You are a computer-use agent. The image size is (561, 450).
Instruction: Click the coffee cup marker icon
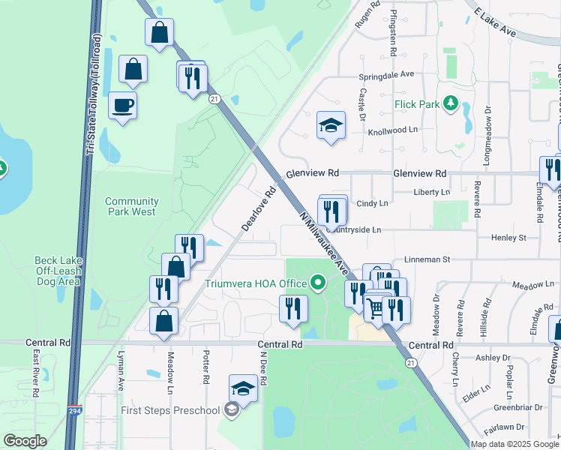(x=122, y=105)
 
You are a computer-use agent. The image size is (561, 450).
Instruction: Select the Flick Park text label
(x=418, y=103)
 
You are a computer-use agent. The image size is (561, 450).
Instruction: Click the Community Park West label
(x=131, y=206)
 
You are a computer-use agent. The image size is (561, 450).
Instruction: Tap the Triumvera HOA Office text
(x=256, y=283)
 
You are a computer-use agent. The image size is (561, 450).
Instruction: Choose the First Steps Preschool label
(x=172, y=410)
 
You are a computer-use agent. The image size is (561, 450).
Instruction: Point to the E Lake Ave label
(x=495, y=22)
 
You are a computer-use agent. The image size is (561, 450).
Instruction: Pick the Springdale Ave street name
(x=386, y=75)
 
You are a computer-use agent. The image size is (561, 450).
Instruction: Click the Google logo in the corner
(x=25, y=441)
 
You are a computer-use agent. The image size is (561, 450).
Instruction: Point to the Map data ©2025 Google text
(x=514, y=444)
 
